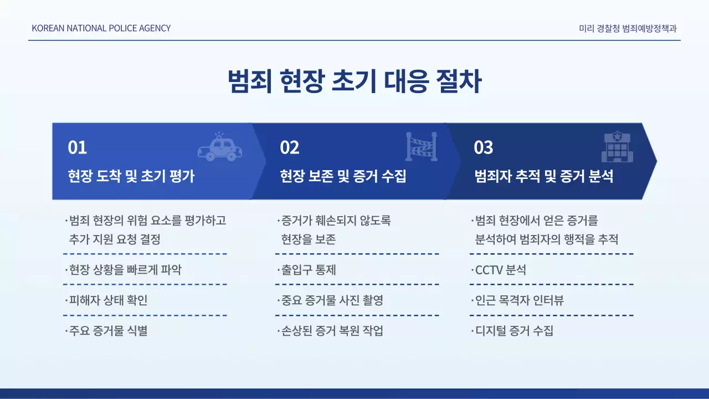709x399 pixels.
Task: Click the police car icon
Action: click(220, 147)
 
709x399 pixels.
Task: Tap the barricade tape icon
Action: click(422, 147)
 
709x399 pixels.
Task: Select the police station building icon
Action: click(617, 147)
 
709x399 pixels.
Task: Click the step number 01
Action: click(78, 147)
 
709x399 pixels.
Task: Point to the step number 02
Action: click(290, 147)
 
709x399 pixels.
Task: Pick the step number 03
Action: click(484, 147)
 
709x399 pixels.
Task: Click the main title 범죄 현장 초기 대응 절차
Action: click(354, 82)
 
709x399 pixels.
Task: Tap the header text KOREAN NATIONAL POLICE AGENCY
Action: click(101, 28)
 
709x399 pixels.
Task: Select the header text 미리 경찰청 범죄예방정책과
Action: click(628, 28)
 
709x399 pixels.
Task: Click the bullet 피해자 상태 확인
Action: click(107, 300)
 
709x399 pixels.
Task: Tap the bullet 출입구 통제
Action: click(307, 270)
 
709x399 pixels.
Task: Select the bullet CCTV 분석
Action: click(500, 270)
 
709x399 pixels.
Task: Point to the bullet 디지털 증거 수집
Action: click(513, 331)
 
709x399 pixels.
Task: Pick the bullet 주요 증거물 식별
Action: click(107, 331)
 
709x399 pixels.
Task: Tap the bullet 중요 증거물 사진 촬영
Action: click(331, 300)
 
